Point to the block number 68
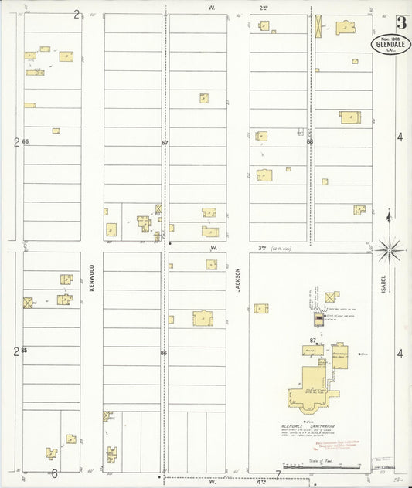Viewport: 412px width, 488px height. tap(309, 142)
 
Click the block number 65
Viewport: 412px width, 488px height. tap(25, 351)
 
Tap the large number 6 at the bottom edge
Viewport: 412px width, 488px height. tap(54, 473)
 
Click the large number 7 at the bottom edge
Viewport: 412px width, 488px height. tap(277, 473)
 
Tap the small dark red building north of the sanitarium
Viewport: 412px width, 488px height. tap(318, 317)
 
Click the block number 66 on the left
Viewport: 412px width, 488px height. tap(25, 142)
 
